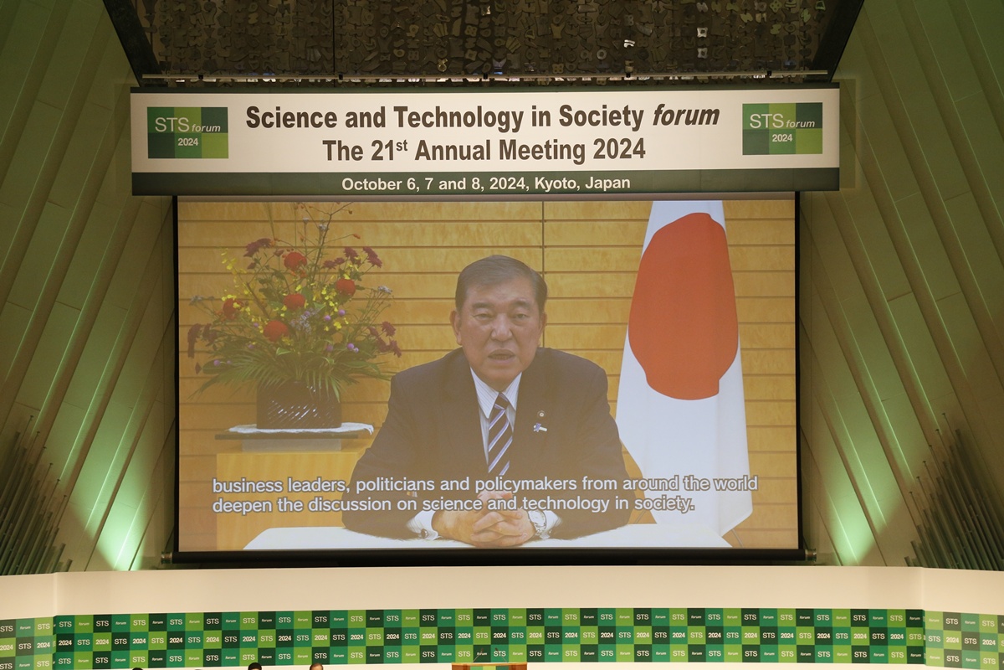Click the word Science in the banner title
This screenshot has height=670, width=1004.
pyautogui.click(x=287, y=117)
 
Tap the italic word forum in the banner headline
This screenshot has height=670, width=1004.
pyautogui.click(x=686, y=116)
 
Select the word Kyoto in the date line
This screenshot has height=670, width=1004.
pyautogui.click(x=555, y=183)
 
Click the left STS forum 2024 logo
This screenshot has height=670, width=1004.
pyautogui.click(x=187, y=132)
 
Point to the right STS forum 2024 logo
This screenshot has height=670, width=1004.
pyautogui.click(x=782, y=129)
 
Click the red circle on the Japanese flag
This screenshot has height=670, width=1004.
pyautogui.click(x=683, y=306)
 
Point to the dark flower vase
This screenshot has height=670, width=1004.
pyautogui.click(x=299, y=406)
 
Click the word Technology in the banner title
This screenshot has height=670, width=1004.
pyautogui.click(x=458, y=118)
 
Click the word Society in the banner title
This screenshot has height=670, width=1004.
pyautogui.click(x=601, y=117)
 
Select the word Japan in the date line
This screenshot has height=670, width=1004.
pyautogui.click(x=607, y=183)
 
